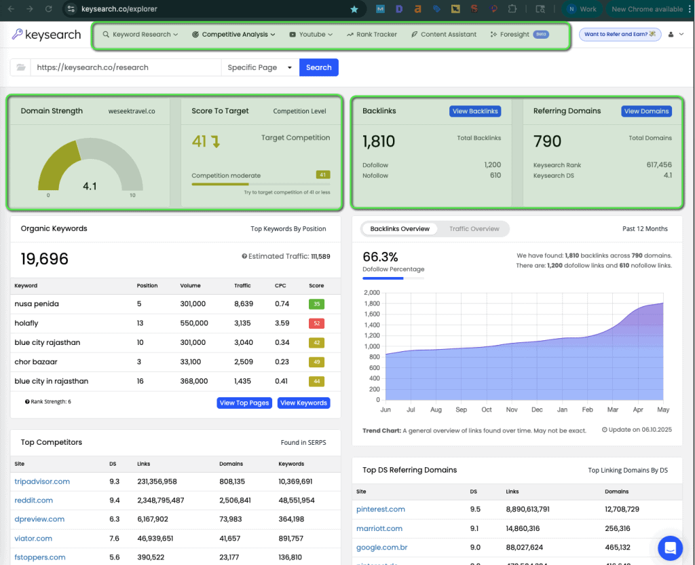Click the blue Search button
point(318,67)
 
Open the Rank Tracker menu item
point(371,34)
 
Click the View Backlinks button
point(475,111)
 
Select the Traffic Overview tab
point(474,229)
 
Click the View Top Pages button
point(244,403)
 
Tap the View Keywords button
point(303,403)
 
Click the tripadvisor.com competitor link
point(42,481)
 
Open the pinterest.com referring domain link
point(381,509)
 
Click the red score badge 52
point(316,323)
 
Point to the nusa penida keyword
point(37,304)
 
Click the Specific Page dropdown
point(260,67)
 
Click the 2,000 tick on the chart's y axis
point(372,293)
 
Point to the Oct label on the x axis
point(487,410)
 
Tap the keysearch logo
point(47,35)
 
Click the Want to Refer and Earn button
point(620,34)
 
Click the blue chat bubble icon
point(670,547)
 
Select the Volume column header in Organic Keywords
point(191,286)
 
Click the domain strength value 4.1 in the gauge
point(90,186)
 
